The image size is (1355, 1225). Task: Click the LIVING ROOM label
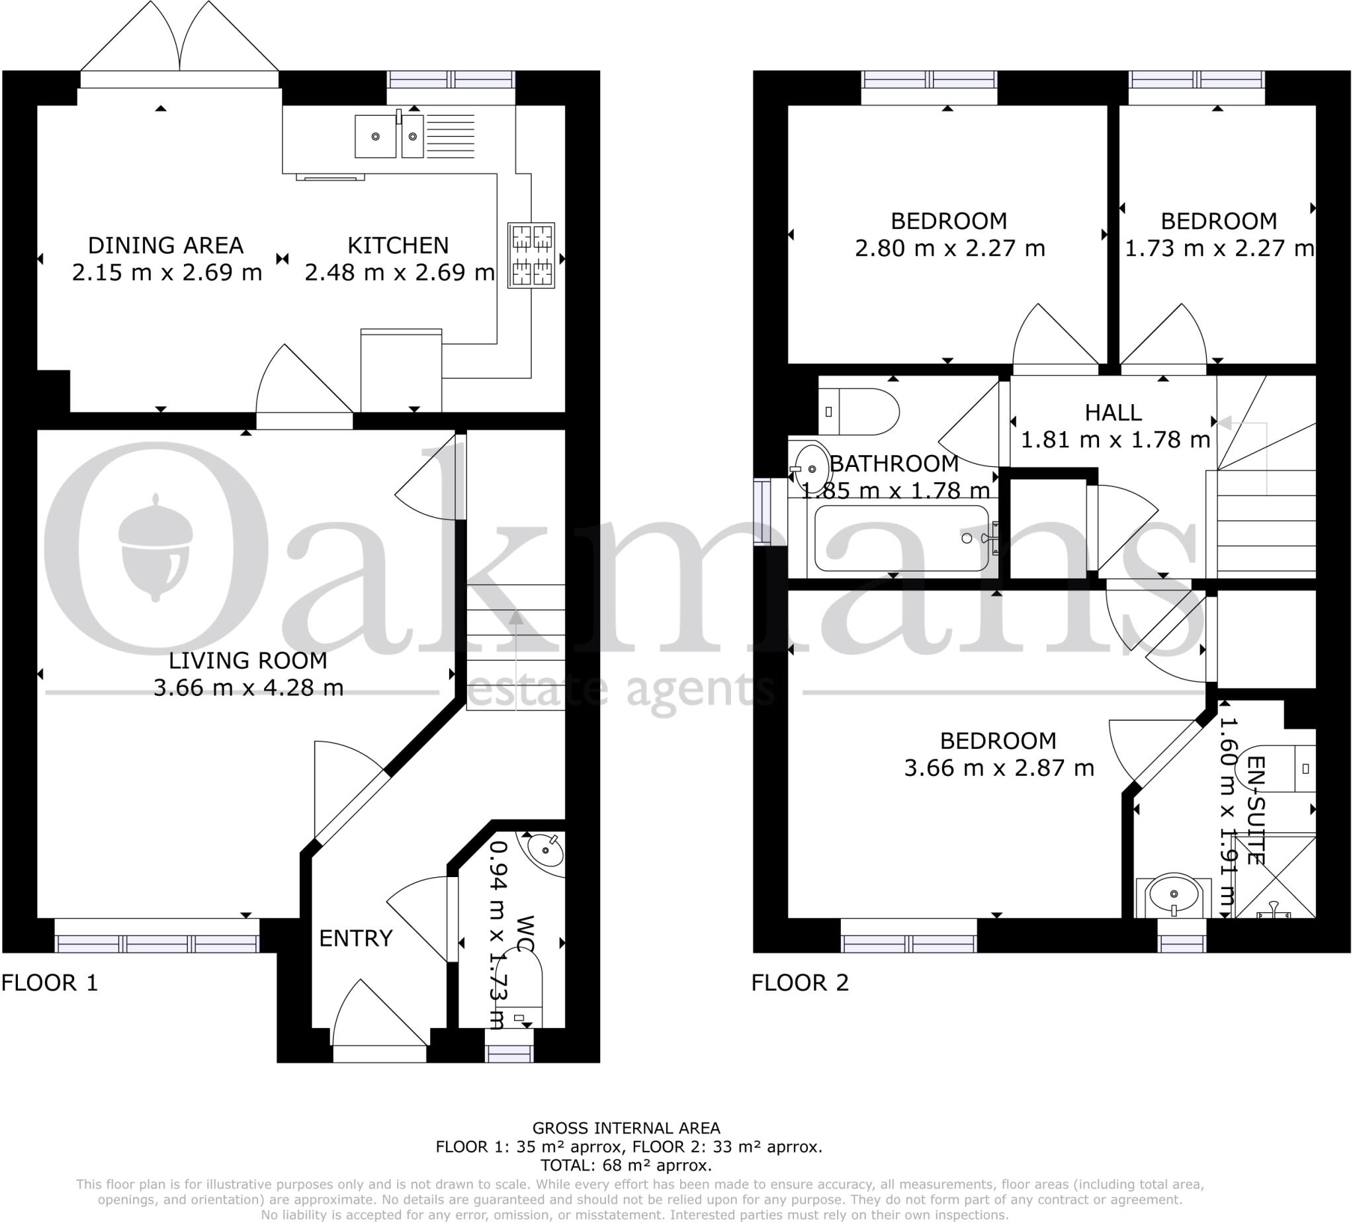[x=248, y=661]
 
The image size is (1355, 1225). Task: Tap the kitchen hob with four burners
[x=532, y=255]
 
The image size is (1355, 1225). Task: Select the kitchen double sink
[x=389, y=136]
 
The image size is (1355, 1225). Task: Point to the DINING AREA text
[x=165, y=245]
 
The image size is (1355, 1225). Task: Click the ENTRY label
[x=355, y=938]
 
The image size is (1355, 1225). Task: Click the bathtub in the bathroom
[x=901, y=538]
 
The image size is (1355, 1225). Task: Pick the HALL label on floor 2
[x=1113, y=413]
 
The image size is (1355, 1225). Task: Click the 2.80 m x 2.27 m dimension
[x=949, y=249]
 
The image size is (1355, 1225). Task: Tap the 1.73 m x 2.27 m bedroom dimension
[x=1219, y=249]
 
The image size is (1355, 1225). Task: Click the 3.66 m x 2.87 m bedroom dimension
[x=999, y=767]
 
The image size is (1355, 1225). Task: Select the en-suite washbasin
[x=1174, y=895]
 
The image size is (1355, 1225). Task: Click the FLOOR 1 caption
[x=50, y=983]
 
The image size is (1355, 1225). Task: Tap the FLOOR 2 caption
[x=800, y=983]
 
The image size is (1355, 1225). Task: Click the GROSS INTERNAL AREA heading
[x=626, y=1128]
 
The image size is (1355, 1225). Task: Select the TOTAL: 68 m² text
[x=626, y=1165]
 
